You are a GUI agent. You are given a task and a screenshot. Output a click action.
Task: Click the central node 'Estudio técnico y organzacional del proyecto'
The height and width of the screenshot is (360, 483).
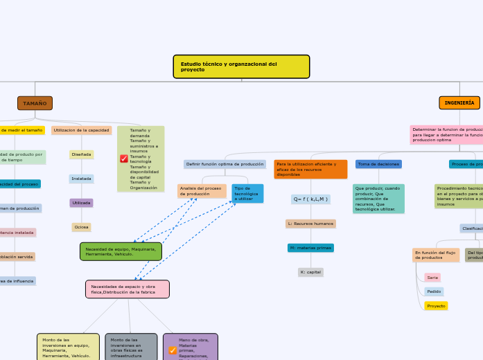click(x=240, y=67)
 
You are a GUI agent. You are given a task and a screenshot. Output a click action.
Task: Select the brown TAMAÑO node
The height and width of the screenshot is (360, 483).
click(x=35, y=103)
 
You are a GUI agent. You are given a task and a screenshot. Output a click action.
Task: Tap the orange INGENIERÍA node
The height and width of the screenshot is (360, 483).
click(x=459, y=102)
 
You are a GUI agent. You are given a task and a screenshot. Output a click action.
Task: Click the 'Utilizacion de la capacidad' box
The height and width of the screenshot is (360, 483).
click(x=82, y=130)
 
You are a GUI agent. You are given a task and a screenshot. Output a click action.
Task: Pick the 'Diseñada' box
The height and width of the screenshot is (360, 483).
click(x=82, y=154)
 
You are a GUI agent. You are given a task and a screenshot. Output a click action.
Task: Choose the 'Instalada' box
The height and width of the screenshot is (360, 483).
click(x=82, y=179)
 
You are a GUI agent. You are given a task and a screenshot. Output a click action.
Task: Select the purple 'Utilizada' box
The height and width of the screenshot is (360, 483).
click(x=82, y=203)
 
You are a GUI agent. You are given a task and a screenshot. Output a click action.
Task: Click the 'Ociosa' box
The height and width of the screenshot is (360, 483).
click(x=82, y=227)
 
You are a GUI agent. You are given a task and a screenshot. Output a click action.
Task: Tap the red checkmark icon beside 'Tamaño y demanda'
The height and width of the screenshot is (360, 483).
click(x=124, y=159)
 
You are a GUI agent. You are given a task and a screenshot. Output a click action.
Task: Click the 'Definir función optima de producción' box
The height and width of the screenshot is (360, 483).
click(x=225, y=164)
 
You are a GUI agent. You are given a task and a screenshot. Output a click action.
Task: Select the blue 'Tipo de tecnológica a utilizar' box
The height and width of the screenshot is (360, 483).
click(x=247, y=193)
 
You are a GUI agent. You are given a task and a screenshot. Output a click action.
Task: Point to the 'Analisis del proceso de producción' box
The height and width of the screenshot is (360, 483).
click(x=202, y=191)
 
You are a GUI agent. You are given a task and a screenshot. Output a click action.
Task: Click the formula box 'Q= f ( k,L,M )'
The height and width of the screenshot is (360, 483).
click(x=310, y=199)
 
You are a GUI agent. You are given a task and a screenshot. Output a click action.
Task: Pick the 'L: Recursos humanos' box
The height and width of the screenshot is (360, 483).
click(x=310, y=224)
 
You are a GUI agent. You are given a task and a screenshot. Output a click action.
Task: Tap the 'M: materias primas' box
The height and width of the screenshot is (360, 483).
click(x=310, y=248)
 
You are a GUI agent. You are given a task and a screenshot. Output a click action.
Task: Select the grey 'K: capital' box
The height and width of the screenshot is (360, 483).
click(x=310, y=272)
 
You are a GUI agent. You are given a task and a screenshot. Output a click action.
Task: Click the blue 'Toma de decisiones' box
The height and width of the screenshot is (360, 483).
click(x=378, y=164)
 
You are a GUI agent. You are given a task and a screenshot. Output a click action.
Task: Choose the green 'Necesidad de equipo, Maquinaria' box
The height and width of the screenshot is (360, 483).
click(x=121, y=251)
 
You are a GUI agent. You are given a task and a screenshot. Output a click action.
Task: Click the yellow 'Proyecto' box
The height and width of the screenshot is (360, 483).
click(x=436, y=305)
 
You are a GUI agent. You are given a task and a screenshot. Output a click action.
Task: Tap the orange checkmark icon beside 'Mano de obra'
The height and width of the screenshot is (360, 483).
click(x=173, y=350)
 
